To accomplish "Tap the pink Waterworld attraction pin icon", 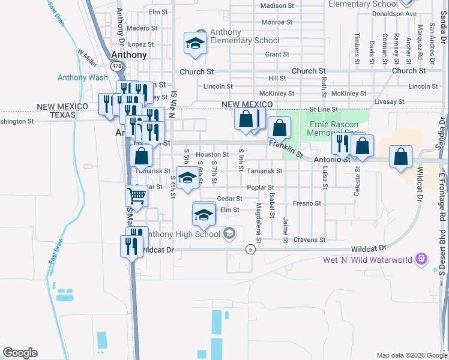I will pyautogui.click(x=422, y=259).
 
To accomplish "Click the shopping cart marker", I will pyautogui.click(x=136, y=196).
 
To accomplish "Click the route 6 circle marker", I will pyautogui.click(x=250, y=248).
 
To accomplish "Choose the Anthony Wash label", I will pyautogui.click(x=83, y=77).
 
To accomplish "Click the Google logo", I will pyautogui.click(x=20, y=353).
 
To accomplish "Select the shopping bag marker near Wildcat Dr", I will pyautogui.click(x=400, y=157).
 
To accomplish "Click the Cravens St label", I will pyautogui.click(x=310, y=239).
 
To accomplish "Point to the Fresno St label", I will pyautogui.click(x=307, y=203).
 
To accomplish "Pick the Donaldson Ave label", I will pyautogui.click(x=394, y=13).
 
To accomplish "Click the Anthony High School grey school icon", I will pyautogui.click(x=229, y=233).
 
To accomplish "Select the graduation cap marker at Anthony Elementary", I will pyautogui.click(x=194, y=43).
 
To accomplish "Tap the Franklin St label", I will pyautogui.click(x=286, y=147).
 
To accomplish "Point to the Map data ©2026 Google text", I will pyautogui.click(x=411, y=355).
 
